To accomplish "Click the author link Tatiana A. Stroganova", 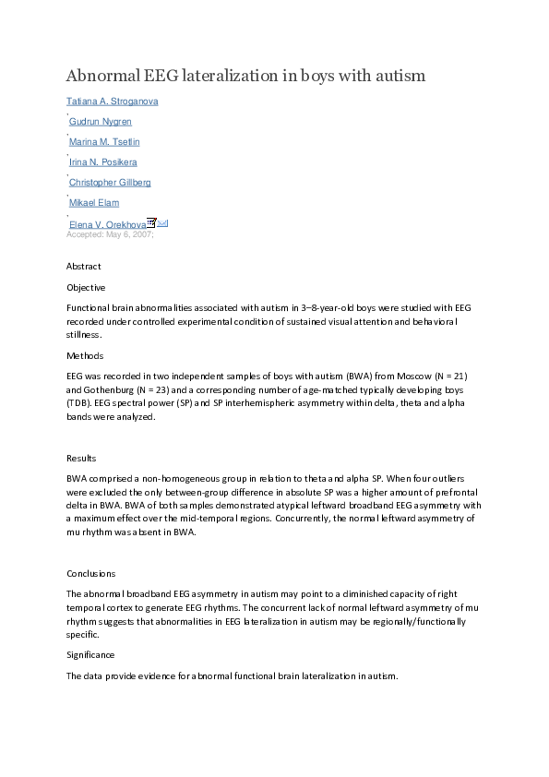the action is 112,102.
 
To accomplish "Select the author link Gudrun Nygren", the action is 101,122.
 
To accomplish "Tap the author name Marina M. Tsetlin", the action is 104,142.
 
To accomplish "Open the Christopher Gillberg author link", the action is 110,183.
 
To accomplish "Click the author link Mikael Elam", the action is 94,203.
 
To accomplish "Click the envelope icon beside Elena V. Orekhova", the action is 162,223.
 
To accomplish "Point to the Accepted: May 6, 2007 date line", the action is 110,234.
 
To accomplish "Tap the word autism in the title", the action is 399,76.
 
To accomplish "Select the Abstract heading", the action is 84,267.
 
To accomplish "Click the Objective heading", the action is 86,287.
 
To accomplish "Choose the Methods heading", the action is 85,356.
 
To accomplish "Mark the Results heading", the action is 81,459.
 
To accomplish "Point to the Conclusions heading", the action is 91,573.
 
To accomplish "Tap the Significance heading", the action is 90,654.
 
